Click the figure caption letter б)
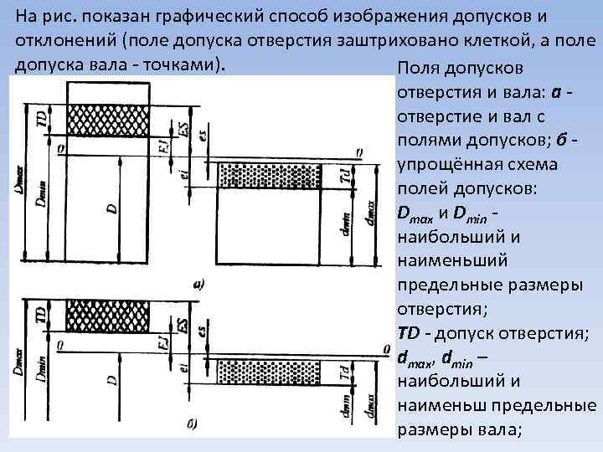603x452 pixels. coord(191,425)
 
